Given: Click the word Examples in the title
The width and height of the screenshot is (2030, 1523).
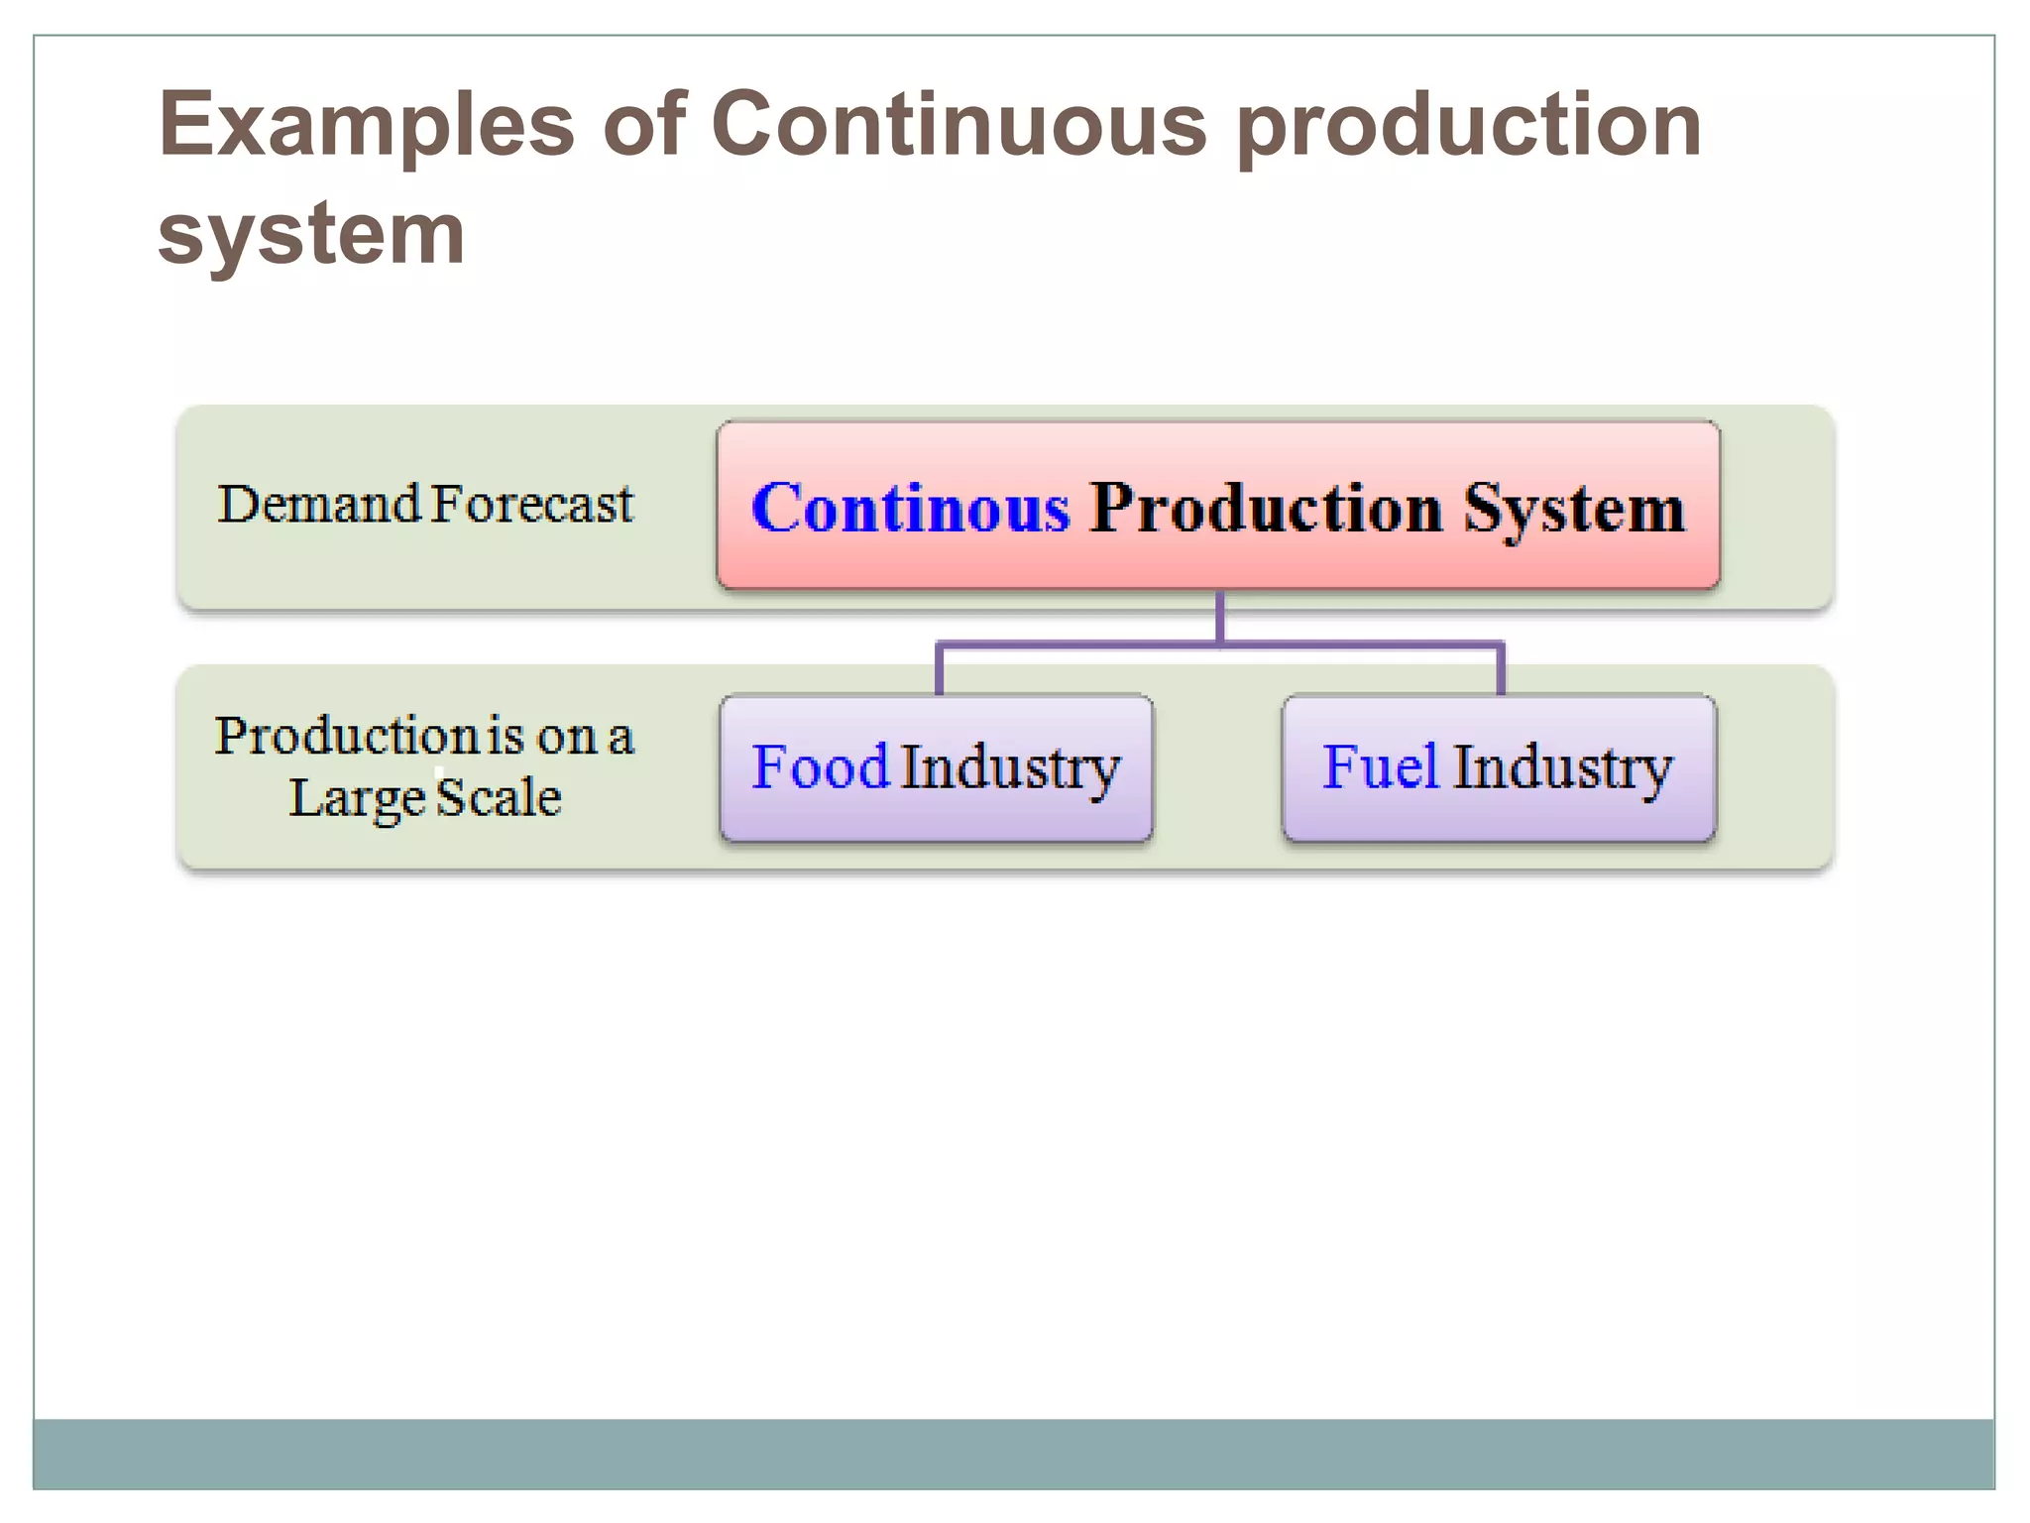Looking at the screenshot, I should (x=367, y=127).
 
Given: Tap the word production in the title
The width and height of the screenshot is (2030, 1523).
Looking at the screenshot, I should (x=1470, y=127).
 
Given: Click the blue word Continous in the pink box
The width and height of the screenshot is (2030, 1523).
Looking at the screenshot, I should (x=911, y=508).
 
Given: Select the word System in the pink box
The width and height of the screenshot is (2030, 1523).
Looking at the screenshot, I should (x=1574, y=510).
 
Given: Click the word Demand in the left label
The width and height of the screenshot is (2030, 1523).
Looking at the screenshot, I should (x=319, y=504).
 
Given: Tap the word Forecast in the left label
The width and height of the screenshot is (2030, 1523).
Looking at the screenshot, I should (x=532, y=504).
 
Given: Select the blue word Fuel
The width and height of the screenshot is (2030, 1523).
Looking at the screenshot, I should (x=1380, y=766).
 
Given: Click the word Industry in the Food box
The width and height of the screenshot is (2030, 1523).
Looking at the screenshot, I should (x=1010, y=768).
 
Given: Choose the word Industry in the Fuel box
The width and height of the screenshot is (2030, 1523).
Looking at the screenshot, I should (x=1563, y=768).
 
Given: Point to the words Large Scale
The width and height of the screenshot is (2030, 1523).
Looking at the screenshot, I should (x=425, y=797).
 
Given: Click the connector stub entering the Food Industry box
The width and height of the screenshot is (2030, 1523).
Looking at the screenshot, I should (x=939, y=671).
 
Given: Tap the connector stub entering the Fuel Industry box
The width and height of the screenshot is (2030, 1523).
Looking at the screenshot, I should (x=1501, y=671).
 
